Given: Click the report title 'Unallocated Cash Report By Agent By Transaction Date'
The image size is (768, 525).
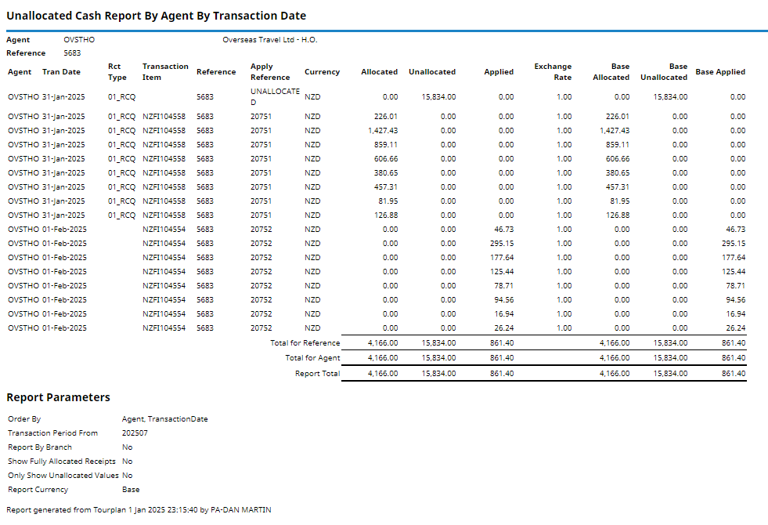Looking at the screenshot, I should tap(156, 16).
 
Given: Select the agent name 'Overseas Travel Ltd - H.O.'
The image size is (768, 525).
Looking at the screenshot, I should tap(269, 39).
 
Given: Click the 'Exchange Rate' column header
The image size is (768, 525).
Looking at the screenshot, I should tap(553, 72).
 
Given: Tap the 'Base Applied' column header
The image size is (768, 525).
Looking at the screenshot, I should tap(720, 72).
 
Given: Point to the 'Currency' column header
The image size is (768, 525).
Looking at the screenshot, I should tap(322, 72).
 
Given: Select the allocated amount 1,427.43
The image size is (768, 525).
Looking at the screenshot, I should tap(382, 131).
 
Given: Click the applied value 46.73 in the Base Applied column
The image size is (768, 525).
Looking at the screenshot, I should tap(735, 230).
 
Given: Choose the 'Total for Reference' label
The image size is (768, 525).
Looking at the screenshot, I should tap(305, 343).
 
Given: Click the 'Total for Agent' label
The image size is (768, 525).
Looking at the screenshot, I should tap(312, 358).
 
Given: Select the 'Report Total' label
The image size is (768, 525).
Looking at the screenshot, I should tap(317, 374).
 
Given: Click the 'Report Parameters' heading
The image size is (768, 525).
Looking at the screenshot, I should tap(58, 397).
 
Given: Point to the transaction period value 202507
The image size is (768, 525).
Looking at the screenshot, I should tap(135, 433).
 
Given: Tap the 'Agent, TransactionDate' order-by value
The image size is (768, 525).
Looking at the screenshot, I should tap(164, 419).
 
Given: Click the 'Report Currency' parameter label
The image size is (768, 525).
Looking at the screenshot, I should tap(38, 490).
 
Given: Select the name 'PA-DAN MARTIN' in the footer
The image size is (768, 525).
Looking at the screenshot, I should tap(241, 510).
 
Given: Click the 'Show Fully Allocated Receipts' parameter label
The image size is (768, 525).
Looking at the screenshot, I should tap(62, 462).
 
